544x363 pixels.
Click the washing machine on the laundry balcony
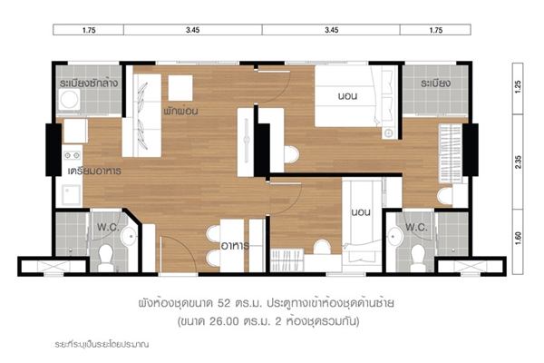(70, 100)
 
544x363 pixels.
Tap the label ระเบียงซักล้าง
(89, 83)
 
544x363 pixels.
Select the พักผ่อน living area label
(180, 111)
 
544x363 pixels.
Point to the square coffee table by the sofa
(180, 88)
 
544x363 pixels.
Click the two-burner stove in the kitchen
(73, 155)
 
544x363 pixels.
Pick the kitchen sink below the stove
(72, 195)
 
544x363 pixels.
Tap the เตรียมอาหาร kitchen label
(94, 171)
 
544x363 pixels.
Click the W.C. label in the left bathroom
(108, 227)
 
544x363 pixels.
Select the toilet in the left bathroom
(105, 258)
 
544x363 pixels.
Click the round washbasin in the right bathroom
(394, 237)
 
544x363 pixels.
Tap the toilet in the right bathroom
(418, 258)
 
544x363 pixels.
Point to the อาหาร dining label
(235, 246)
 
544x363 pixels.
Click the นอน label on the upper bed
(347, 95)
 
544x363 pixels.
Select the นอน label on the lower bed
(361, 211)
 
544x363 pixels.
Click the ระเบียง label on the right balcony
(436, 83)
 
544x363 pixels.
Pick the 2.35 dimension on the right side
(519, 162)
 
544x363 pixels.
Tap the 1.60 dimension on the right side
(519, 239)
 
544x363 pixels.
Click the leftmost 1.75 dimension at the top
(89, 30)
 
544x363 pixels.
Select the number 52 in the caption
(224, 303)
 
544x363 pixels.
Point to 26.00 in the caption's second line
(224, 321)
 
